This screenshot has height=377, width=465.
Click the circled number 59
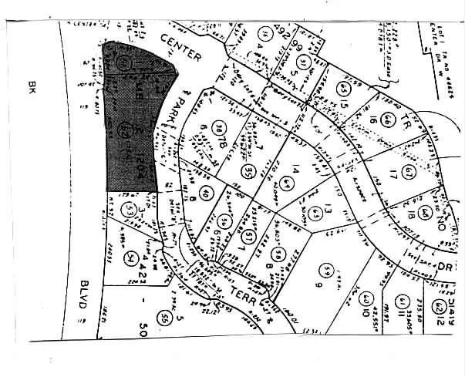click(x=328, y=271)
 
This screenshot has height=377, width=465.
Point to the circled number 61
click(x=401, y=300)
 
